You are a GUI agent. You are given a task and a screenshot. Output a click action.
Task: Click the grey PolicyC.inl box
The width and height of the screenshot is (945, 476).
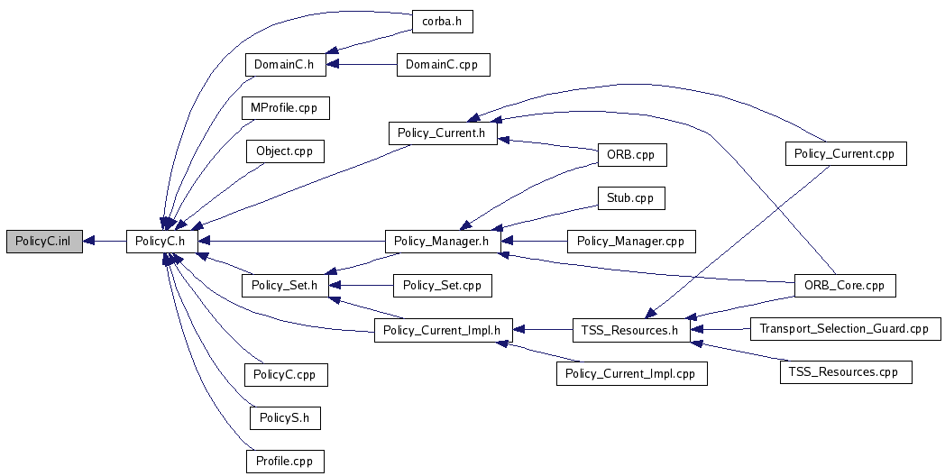(43, 242)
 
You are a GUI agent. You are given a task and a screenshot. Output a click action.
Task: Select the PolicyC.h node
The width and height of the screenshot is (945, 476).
(161, 242)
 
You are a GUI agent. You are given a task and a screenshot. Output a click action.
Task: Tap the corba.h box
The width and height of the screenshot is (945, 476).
(442, 23)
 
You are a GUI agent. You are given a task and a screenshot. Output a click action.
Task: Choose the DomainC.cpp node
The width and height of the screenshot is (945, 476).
(443, 65)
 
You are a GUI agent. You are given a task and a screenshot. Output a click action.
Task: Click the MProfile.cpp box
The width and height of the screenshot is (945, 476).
(285, 108)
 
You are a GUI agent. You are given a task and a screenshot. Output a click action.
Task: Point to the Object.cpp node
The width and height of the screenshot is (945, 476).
(284, 151)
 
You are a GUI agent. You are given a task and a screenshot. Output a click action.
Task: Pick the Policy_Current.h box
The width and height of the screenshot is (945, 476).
(443, 133)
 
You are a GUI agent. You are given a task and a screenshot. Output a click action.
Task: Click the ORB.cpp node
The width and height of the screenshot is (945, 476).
(630, 155)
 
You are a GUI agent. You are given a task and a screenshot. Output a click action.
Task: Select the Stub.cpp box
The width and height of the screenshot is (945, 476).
(630, 198)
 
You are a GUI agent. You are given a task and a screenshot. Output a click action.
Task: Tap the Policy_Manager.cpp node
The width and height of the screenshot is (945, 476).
(630, 242)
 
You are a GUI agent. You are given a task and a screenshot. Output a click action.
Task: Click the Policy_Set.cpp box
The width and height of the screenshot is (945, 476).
(442, 286)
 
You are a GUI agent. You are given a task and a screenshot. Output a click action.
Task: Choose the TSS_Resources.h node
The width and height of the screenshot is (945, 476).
(630, 330)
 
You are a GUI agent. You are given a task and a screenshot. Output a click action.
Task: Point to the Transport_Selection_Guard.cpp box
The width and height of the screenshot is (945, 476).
(844, 329)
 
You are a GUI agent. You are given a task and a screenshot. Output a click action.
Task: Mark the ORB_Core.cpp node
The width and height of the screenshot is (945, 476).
(844, 286)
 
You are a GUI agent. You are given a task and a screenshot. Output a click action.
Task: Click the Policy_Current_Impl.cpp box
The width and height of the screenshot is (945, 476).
(630, 373)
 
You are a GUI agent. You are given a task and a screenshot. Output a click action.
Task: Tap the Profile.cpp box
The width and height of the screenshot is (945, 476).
(284, 462)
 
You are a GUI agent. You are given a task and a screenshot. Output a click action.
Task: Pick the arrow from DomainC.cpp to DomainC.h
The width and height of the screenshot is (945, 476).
(361, 65)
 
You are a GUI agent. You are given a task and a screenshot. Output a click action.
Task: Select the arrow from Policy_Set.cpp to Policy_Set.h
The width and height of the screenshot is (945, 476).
(361, 286)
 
